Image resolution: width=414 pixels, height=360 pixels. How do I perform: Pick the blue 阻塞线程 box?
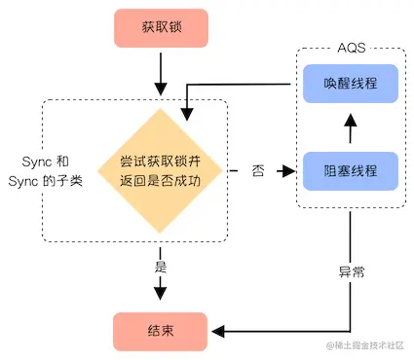point(349,170)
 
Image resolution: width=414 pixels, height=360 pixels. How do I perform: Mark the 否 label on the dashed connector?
point(257,171)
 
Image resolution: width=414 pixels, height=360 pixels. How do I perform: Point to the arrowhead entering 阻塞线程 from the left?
point(288,171)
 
